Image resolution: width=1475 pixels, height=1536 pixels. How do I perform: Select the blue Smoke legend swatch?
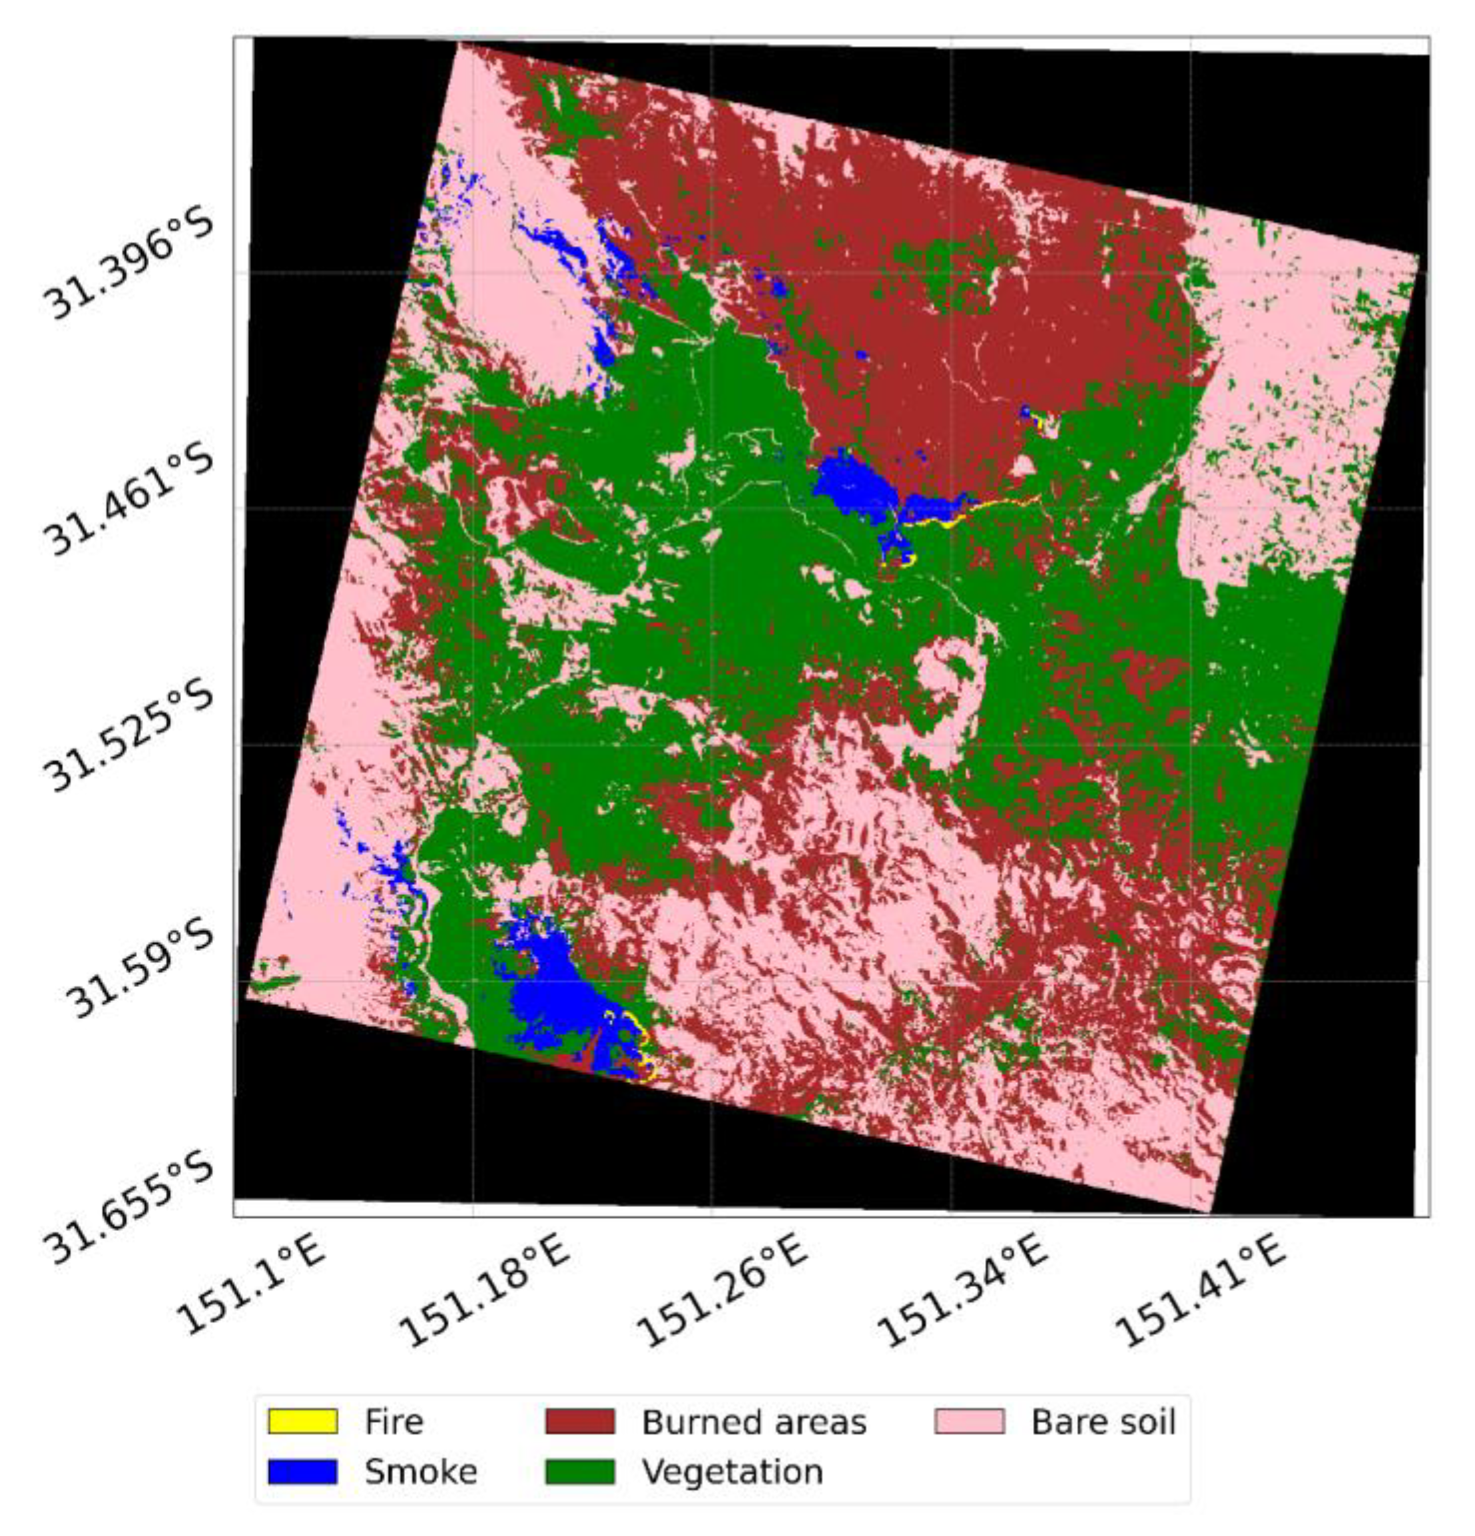(x=302, y=1471)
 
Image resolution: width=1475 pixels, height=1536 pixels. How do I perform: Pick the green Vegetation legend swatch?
(x=579, y=1471)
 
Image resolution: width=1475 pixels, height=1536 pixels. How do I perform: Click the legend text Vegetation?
(x=733, y=1472)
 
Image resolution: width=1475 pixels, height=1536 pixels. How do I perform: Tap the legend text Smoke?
(x=421, y=1472)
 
